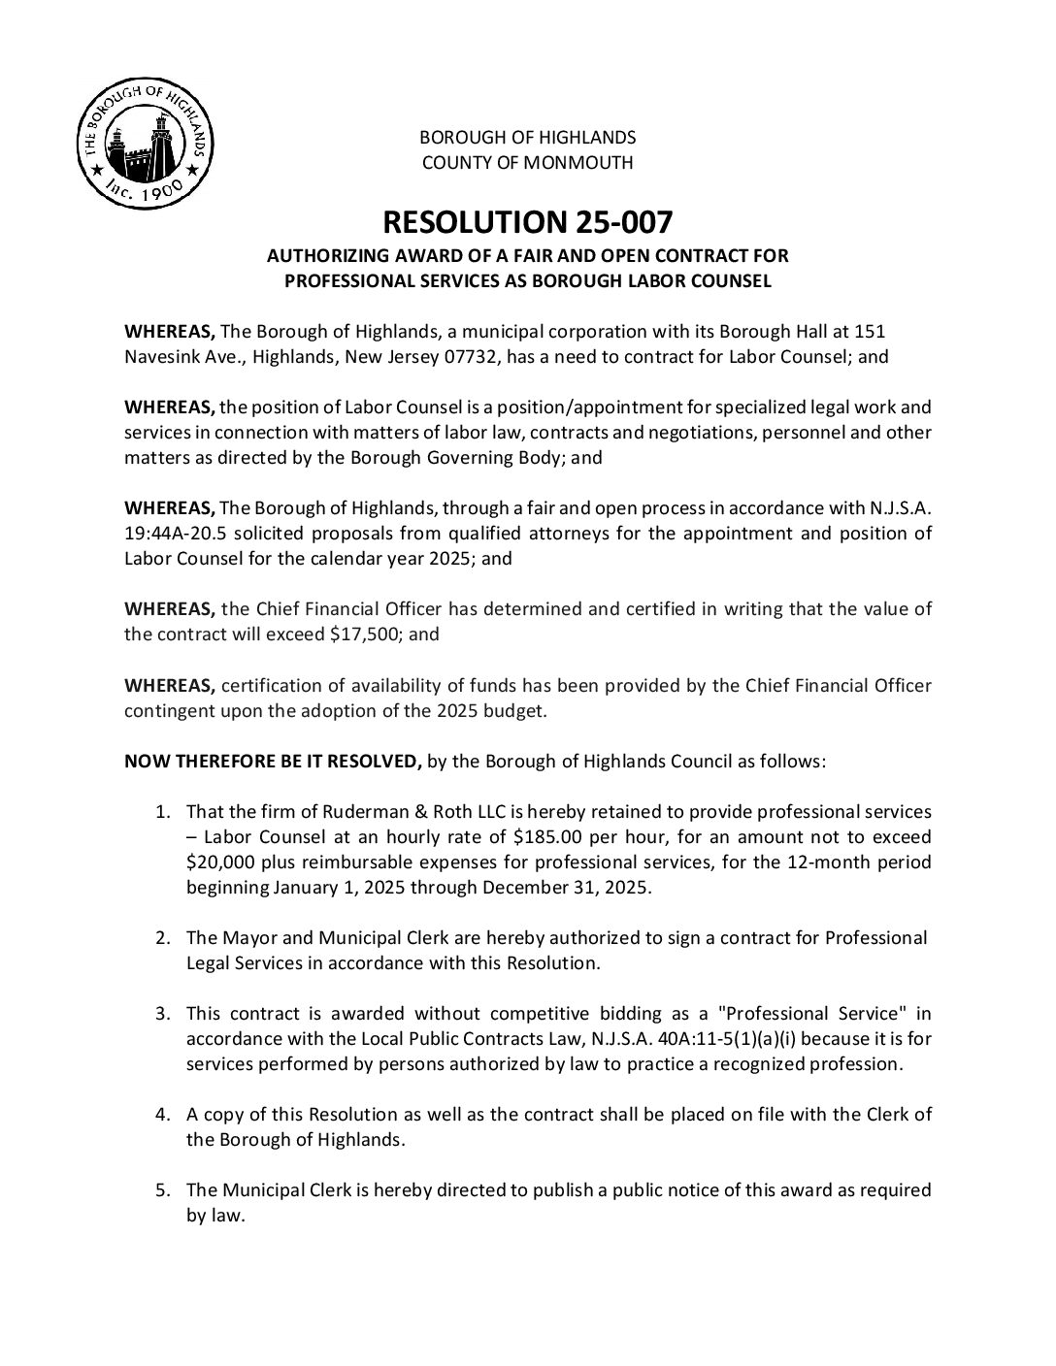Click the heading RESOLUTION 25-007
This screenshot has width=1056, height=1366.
pos(527,222)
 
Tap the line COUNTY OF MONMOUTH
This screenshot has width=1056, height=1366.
pos(527,163)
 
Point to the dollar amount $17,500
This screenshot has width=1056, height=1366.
pos(367,634)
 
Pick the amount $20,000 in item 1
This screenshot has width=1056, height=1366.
pos(222,862)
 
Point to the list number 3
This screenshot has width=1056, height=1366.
pos(163,1014)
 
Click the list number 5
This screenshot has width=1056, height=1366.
pos(163,1190)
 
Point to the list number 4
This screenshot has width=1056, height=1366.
pos(163,1115)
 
